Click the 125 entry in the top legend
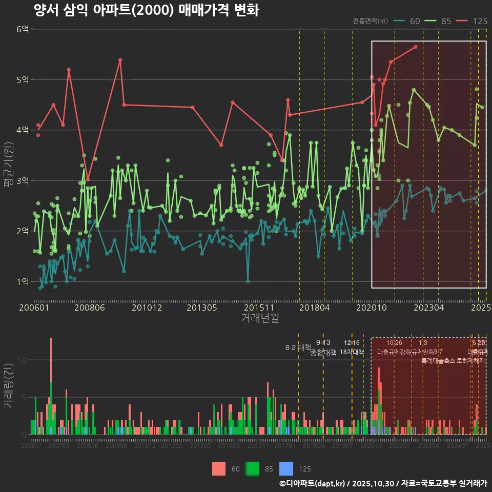pos(480,21)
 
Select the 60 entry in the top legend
pos(415,21)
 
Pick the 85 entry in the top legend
pos(446,21)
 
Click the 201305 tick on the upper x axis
pos(200,308)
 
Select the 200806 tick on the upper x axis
pos(90,308)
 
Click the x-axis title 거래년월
pos(260,318)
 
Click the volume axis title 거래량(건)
pos(8,386)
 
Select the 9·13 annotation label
pos(323,343)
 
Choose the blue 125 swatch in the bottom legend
pos(286,468)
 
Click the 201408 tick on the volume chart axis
pos(229,446)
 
